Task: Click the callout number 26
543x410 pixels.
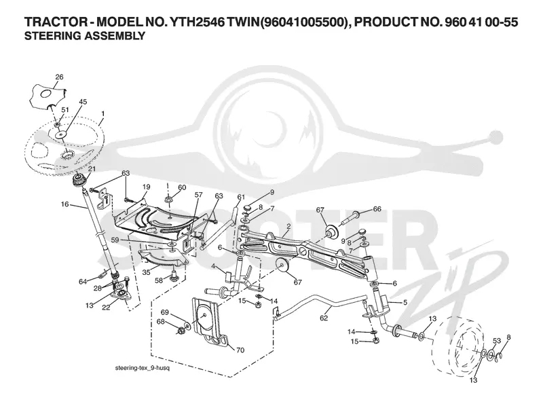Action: (x=59, y=77)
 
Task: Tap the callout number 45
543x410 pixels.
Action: (x=83, y=102)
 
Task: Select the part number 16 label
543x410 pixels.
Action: (x=64, y=204)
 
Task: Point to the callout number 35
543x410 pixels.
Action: (x=146, y=272)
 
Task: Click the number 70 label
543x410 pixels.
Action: (x=240, y=350)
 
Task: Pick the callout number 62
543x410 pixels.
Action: (x=324, y=318)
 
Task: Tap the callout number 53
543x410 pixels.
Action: (x=497, y=341)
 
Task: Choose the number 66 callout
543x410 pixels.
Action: (x=377, y=209)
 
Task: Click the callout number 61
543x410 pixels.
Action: (x=241, y=197)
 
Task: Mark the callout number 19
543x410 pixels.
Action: (x=146, y=187)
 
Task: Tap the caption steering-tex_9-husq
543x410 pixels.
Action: (x=143, y=368)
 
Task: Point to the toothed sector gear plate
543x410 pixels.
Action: (x=163, y=259)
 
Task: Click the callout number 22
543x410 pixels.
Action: (x=106, y=307)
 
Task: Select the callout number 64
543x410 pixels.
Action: (x=82, y=282)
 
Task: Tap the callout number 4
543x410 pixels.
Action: (x=214, y=266)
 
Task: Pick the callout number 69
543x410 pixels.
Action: (x=164, y=312)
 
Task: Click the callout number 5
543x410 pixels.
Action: (x=405, y=302)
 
